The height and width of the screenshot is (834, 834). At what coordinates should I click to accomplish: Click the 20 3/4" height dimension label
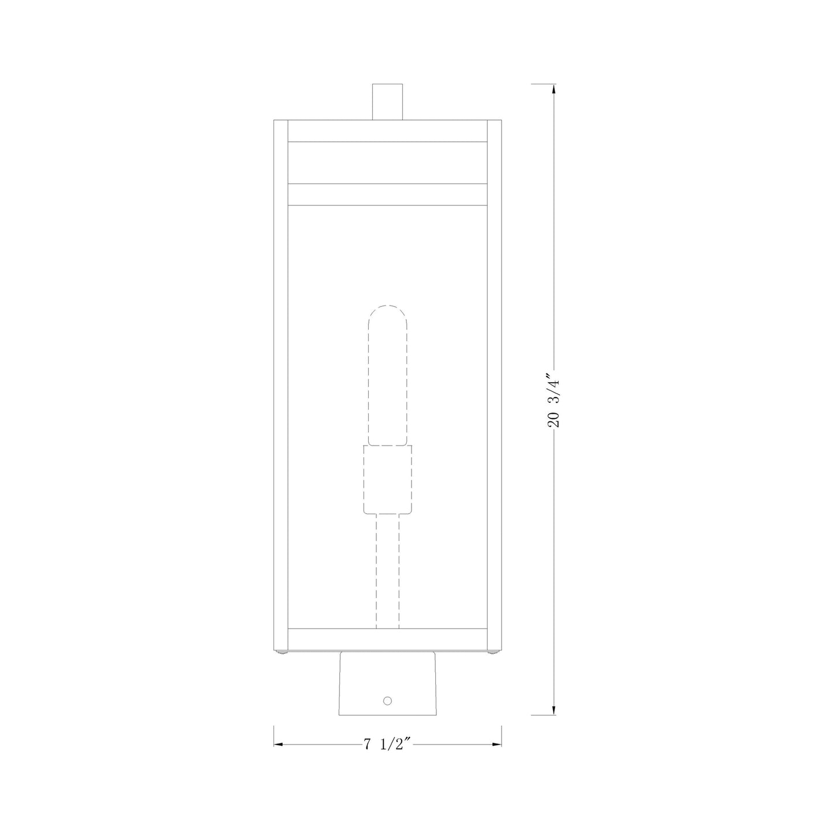point(553,399)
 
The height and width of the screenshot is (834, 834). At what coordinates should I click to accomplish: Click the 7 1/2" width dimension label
point(387,745)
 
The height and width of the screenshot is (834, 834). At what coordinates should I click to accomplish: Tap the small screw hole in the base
point(387,701)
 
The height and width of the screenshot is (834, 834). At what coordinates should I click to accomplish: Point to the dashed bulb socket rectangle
point(387,479)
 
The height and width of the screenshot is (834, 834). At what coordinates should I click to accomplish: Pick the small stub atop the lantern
point(387,102)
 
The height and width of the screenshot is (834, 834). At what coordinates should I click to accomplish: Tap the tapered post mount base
point(387,684)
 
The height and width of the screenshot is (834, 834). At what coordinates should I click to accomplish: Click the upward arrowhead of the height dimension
point(554,89)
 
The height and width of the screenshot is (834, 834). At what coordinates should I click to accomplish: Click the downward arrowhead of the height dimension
point(554,709)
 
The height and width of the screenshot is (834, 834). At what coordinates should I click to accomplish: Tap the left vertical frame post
point(281,387)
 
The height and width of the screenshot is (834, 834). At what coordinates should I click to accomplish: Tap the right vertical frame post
point(495,387)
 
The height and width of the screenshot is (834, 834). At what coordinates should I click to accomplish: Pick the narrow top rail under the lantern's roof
point(387,131)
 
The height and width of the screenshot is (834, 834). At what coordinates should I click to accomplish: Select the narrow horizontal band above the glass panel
point(387,195)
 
